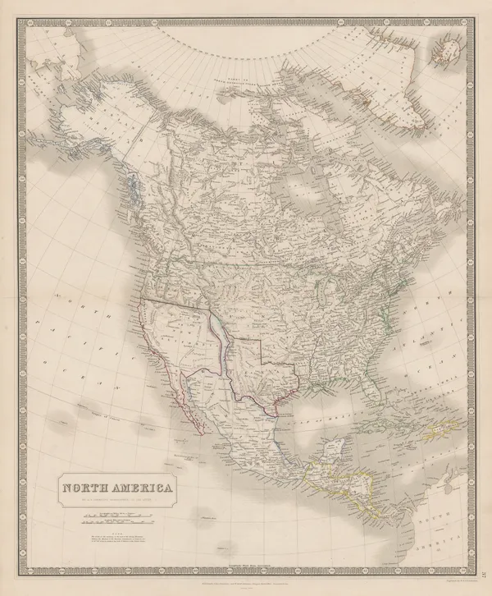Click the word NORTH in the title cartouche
coord(87,489)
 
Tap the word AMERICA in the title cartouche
coord(139,489)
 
